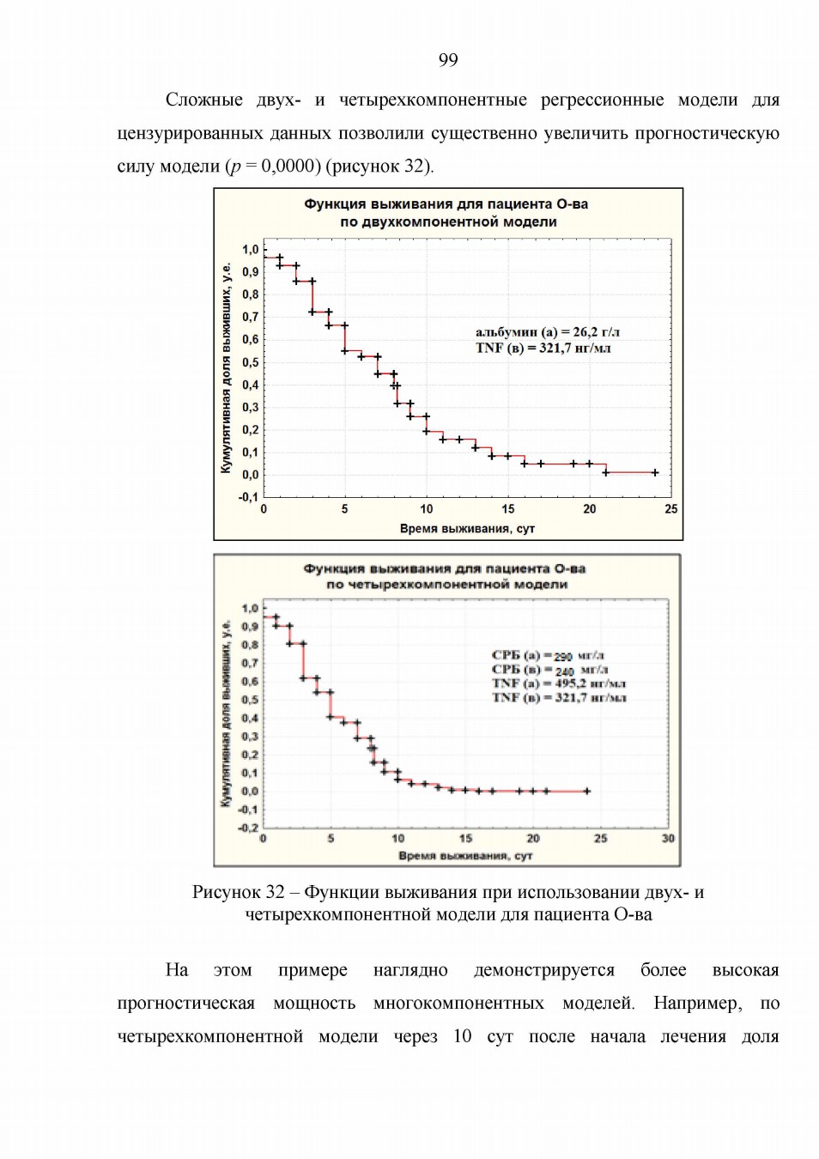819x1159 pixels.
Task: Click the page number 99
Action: [x=448, y=61]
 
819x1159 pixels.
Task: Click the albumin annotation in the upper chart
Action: [x=548, y=331]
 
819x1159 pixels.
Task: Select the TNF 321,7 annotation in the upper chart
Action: [x=543, y=348]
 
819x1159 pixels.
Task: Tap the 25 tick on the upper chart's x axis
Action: [x=670, y=509]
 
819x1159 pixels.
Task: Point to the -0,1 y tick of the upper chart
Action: [x=249, y=497]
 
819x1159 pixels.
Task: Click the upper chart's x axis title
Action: [x=467, y=528]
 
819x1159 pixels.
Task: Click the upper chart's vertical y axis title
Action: [x=226, y=368]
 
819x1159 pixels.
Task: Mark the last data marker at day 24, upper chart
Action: [x=655, y=472]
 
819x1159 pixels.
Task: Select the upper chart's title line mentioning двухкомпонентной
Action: [x=448, y=222]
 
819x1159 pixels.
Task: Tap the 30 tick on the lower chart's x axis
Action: [x=668, y=838]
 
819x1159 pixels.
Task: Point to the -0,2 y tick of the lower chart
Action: [x=249, y=828]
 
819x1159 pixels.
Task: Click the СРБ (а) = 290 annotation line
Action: [x=549, y=656]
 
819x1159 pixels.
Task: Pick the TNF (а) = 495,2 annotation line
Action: [x=559, y=683]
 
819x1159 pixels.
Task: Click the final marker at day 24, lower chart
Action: [x=586, y=791]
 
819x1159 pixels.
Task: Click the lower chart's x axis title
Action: [x=465, y=855]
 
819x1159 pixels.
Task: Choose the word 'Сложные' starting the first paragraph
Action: [x=203, y=100]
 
